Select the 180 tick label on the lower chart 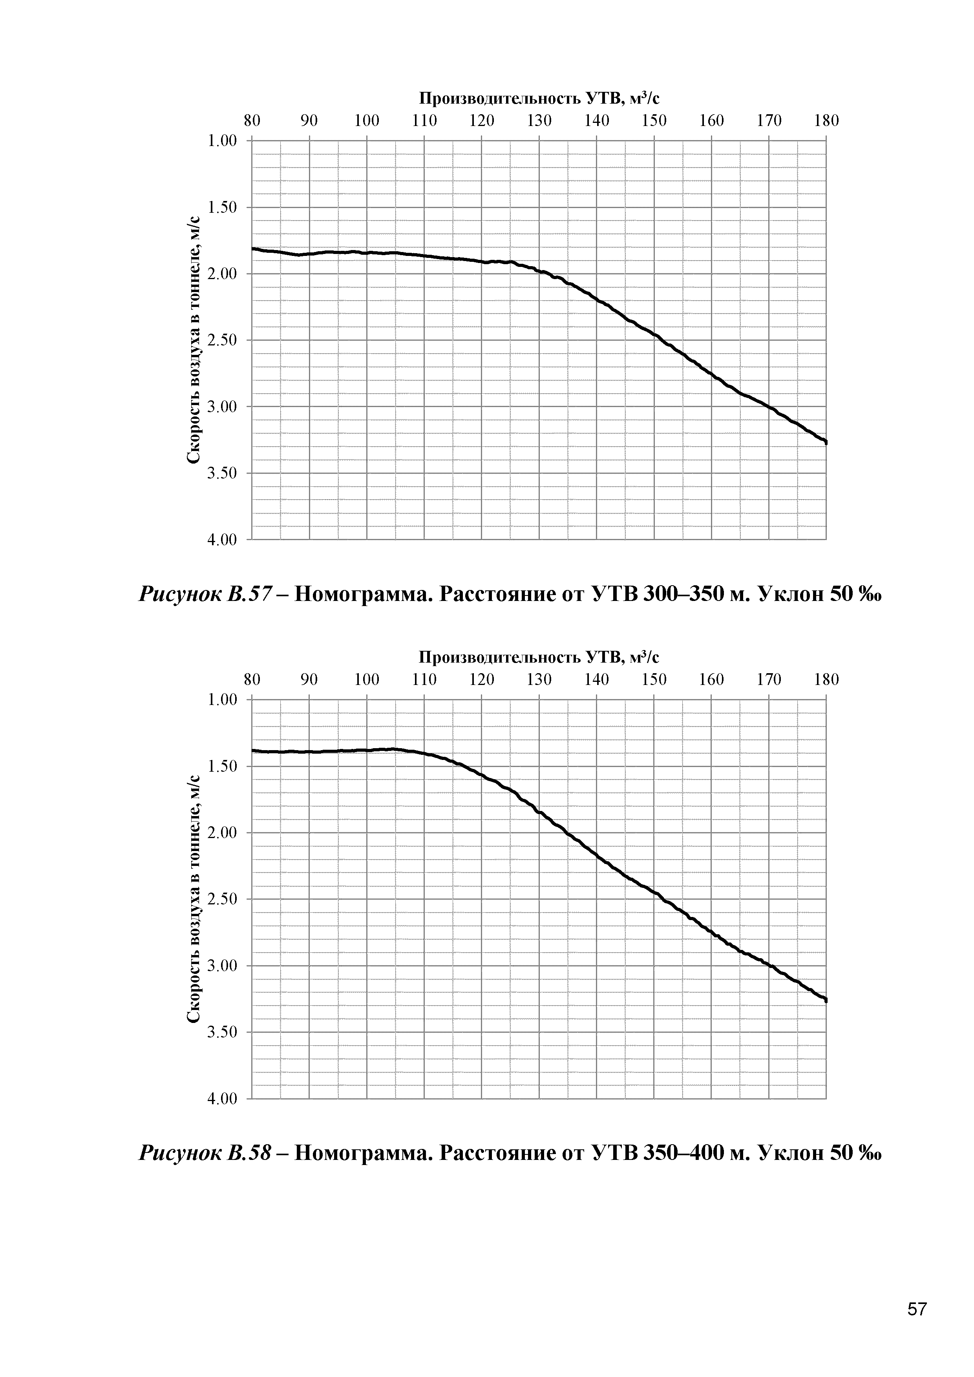pyautogui.click(x=826, y=679)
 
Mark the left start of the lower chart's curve pyautogui.click(x=254, y=750)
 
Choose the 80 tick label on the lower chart pyautogui.click(x=252, y=679)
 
